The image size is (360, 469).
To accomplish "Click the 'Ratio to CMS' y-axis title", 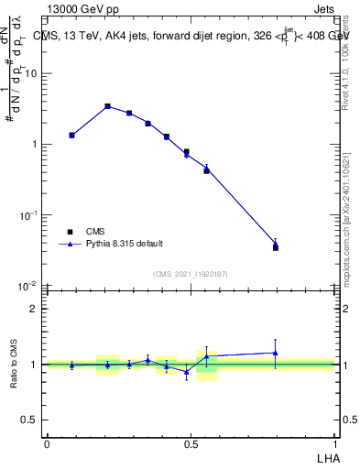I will coord(14,365).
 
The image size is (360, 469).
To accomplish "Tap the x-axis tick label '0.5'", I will coord(191,443).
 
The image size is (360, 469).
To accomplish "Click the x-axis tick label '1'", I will coord(334,443).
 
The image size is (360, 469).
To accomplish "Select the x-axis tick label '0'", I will coord(47,443).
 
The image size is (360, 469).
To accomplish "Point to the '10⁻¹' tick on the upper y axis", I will coord(29,214).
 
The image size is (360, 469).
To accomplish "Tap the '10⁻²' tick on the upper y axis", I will coord(29,285).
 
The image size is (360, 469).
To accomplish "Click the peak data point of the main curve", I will coord(108,106).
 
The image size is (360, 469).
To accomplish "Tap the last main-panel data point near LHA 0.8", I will coord(276,245).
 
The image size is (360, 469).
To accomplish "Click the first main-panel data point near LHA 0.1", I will coord(72,135).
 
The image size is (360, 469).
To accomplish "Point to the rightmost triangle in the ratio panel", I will coord(276,353).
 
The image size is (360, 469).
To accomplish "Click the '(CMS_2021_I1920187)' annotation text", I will coord(190,274).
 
